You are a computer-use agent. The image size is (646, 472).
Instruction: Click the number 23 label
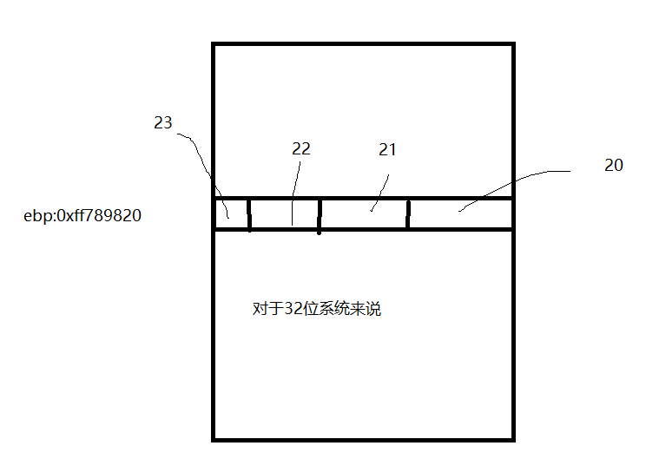coord(163,123)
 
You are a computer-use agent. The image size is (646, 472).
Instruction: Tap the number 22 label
coord(300,148)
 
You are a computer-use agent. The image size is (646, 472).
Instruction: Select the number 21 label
coord(387,149)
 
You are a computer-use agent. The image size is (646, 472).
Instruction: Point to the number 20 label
coord(613,165)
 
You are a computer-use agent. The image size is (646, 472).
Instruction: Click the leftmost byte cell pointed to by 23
coord(231,214)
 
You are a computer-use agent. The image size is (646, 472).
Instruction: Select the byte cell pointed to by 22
coord(284,214)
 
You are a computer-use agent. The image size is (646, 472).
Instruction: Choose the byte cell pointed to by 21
coord(364,214)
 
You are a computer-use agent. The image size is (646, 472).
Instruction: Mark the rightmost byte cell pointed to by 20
coord(460,214)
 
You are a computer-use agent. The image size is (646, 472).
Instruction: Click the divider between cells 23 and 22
coord(249,214)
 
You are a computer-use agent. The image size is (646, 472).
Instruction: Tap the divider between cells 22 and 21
coord(320,214)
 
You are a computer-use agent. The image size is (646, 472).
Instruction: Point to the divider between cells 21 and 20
coord(408,214)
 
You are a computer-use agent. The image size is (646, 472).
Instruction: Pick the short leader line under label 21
coord(380,193)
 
